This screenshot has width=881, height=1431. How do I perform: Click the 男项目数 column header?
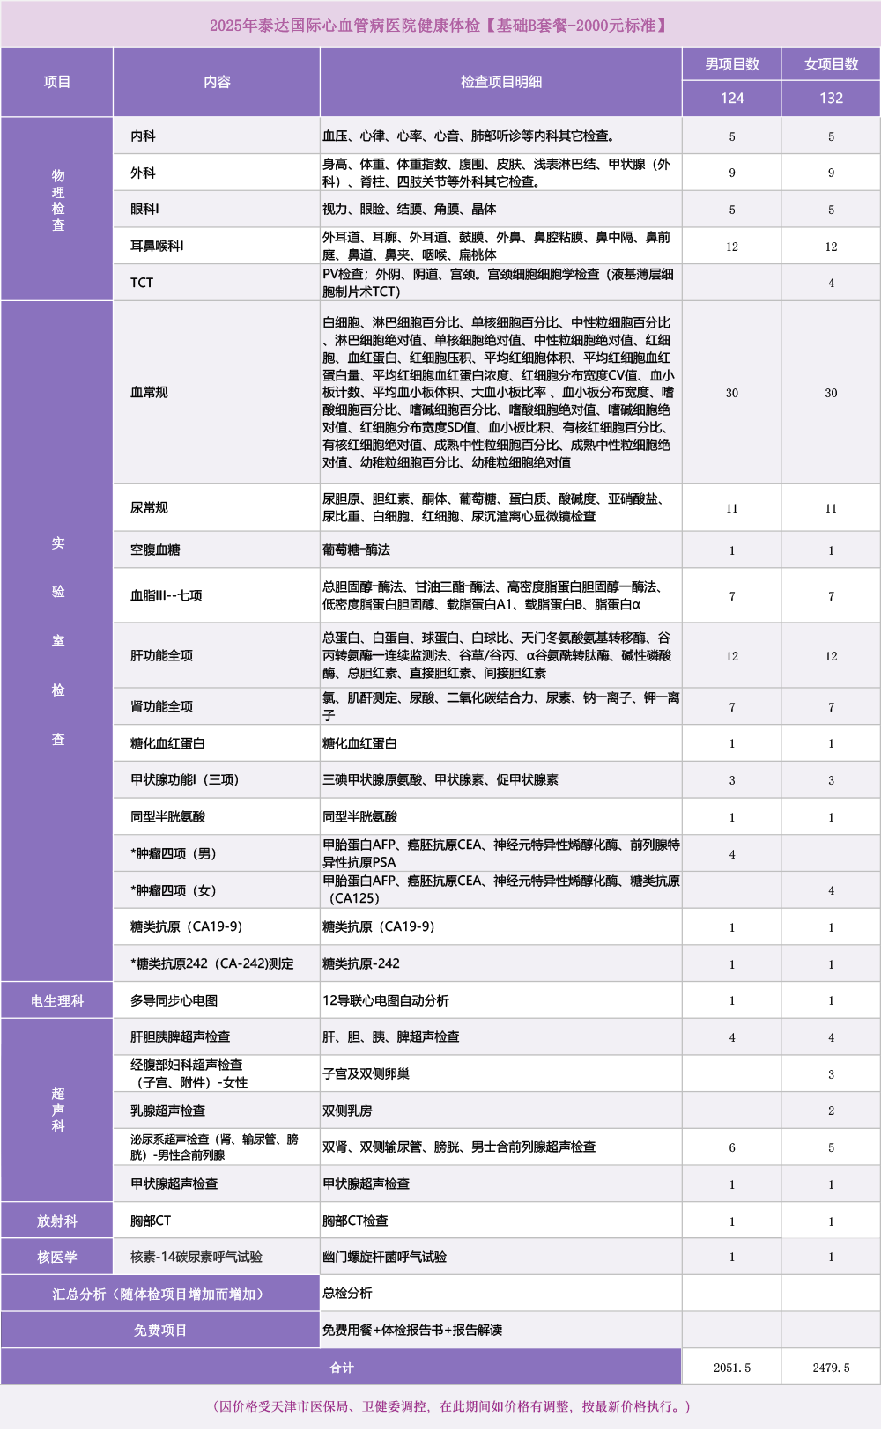731,64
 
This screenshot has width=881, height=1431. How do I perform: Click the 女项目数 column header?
831,64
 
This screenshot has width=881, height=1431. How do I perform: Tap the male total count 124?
731,99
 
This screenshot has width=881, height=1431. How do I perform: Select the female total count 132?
831,99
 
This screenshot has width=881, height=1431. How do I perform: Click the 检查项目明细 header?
500,82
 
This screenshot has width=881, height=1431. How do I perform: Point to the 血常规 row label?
149,392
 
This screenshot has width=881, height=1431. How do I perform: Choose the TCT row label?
142,283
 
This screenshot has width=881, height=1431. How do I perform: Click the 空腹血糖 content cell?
155,550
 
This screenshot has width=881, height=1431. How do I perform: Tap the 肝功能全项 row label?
161,655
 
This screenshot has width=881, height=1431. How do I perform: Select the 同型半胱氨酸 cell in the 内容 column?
167,816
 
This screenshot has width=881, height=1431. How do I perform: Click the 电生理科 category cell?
57,1000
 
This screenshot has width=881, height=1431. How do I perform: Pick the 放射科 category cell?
57,1221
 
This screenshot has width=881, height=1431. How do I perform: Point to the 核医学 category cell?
57,1257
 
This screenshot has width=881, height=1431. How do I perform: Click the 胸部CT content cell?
151,1221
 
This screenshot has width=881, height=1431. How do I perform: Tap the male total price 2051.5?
731,1368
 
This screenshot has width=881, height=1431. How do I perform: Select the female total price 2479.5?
831,1368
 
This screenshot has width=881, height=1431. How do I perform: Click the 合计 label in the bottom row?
341,1368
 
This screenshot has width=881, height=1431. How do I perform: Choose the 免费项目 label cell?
160,1330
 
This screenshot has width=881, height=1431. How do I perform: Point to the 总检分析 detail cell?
347,1293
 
